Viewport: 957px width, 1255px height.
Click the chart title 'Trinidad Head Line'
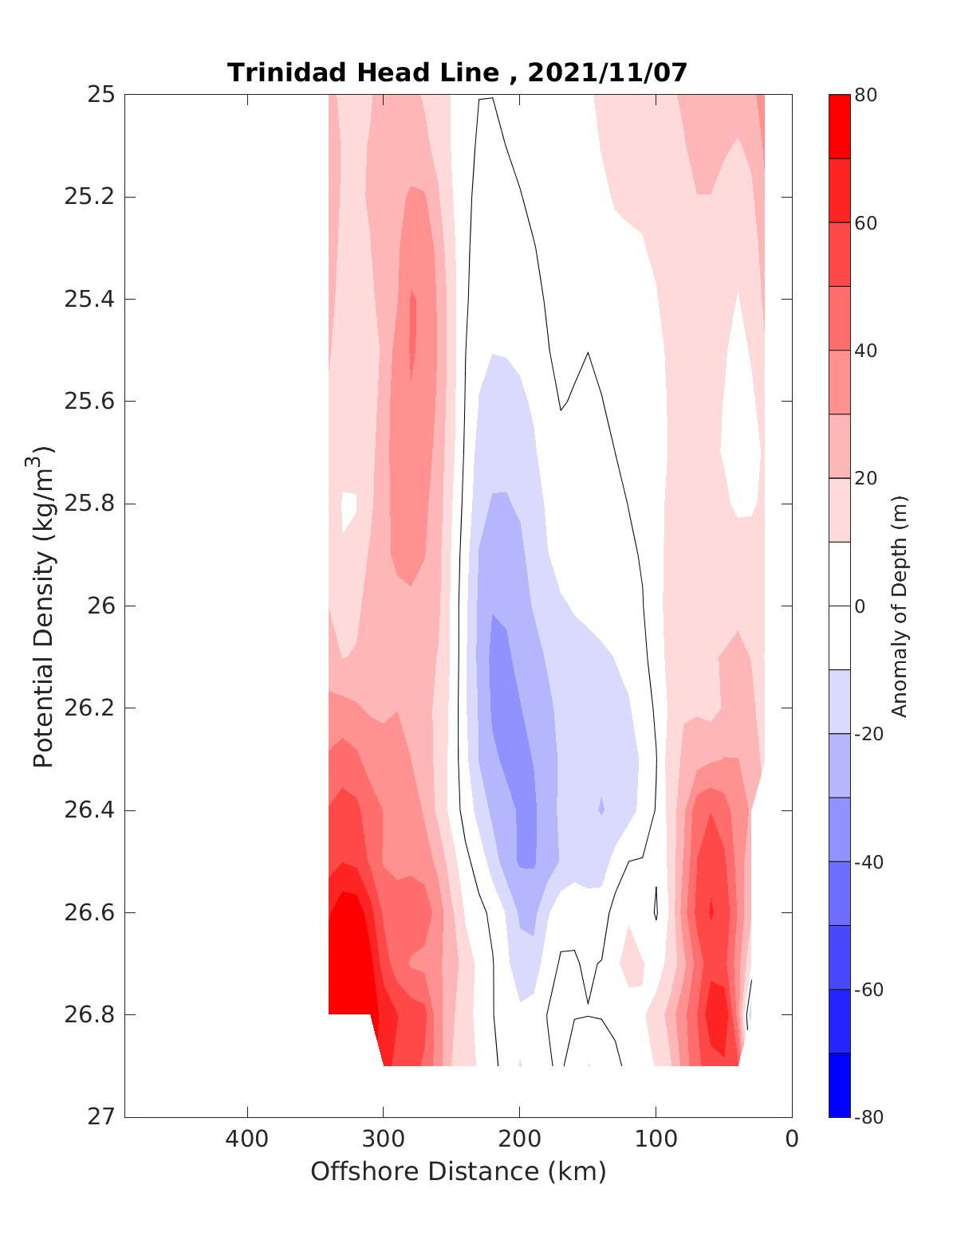363,73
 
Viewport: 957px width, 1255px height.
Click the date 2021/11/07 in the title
607,73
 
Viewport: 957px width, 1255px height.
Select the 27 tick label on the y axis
101,1117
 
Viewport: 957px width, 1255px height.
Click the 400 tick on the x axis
247,1139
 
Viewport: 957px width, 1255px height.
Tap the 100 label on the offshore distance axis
656,1139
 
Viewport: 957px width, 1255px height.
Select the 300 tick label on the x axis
384,1139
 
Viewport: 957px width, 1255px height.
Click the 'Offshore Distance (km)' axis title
458,1172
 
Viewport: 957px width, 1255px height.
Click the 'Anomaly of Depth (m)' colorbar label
900,606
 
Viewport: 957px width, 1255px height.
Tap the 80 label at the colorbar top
866,96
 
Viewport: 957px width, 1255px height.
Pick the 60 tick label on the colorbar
866,223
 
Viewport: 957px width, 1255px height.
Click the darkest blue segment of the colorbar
839,1084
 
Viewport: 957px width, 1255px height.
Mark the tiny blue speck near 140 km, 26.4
601,806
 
